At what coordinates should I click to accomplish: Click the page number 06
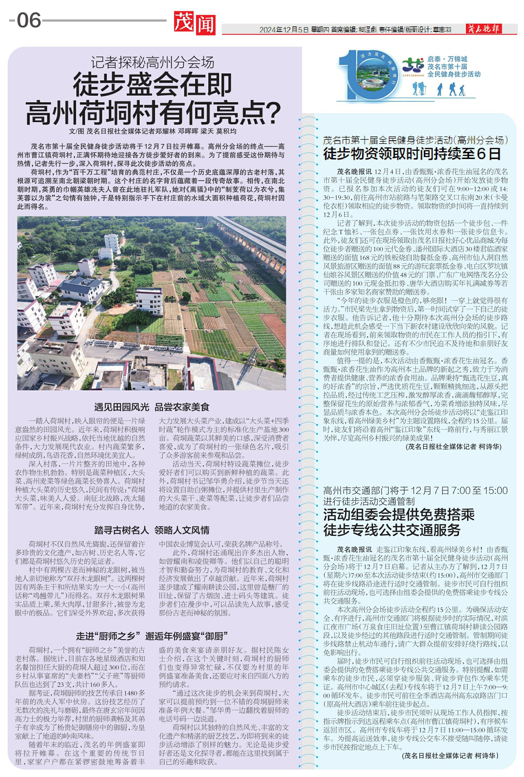click(x=29, y=20)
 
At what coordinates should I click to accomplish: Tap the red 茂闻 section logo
click(x=194, y=23)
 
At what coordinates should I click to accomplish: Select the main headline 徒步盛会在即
click(x=152, y=85)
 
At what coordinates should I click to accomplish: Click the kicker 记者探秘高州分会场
click(x=152, y=62)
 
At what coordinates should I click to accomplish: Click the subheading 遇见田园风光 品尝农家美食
click(x=152, y=407)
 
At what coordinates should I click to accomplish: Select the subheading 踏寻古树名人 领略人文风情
click(x=152, y=530)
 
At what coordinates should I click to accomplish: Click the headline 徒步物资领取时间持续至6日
click(x=412, y=154)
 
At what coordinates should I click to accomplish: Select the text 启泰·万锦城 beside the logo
click(x=447, y=59)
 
